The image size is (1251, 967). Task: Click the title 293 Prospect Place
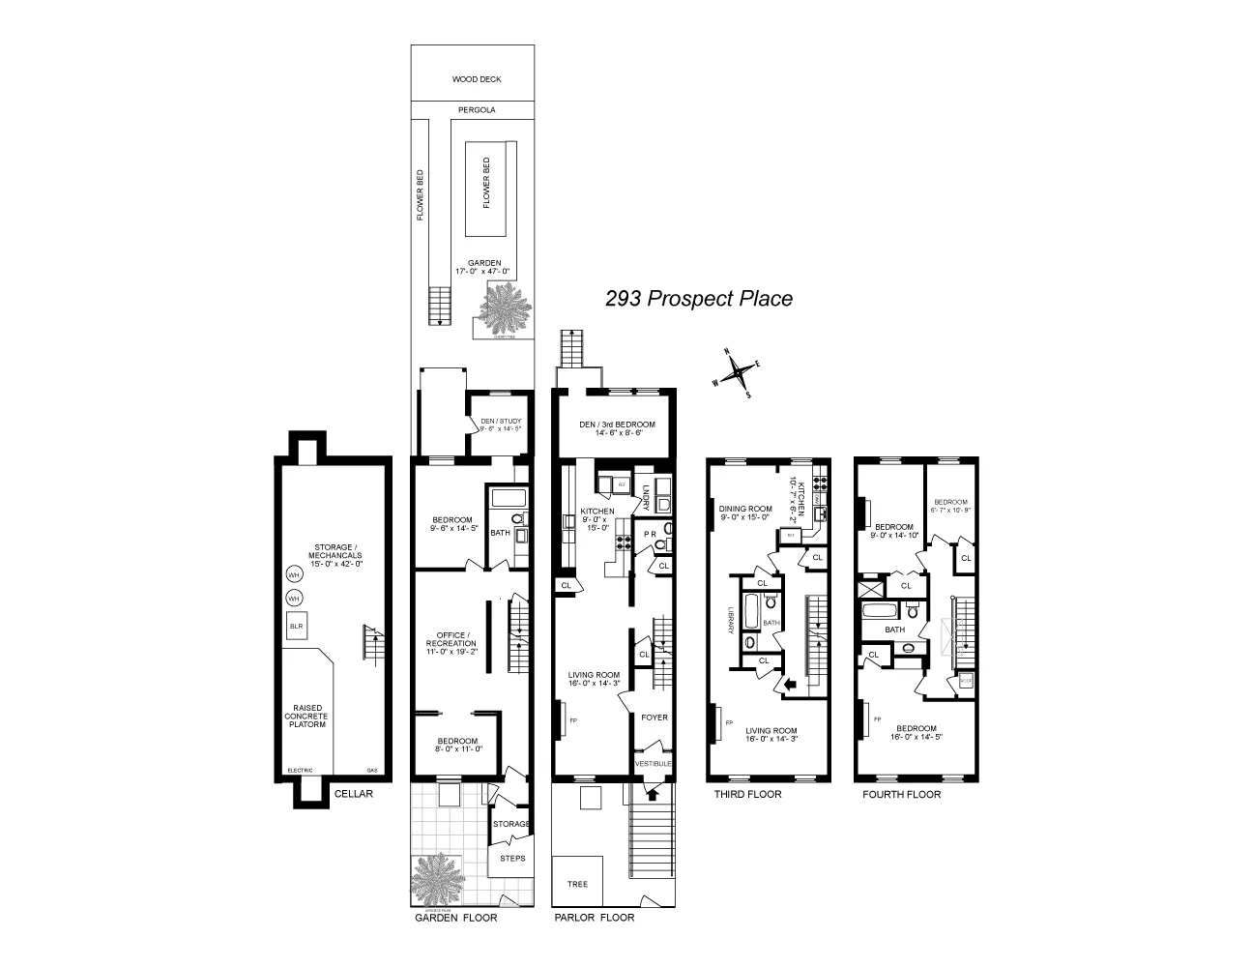(x=698, y=299)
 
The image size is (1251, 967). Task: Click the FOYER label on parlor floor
(x=655, y=718)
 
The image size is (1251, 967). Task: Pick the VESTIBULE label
(x=654, y=764)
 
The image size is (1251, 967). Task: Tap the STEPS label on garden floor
(x=511, y=858)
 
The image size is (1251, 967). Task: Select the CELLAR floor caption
(x=353, y=794)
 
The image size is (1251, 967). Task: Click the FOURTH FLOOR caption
(x=901, y=794)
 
